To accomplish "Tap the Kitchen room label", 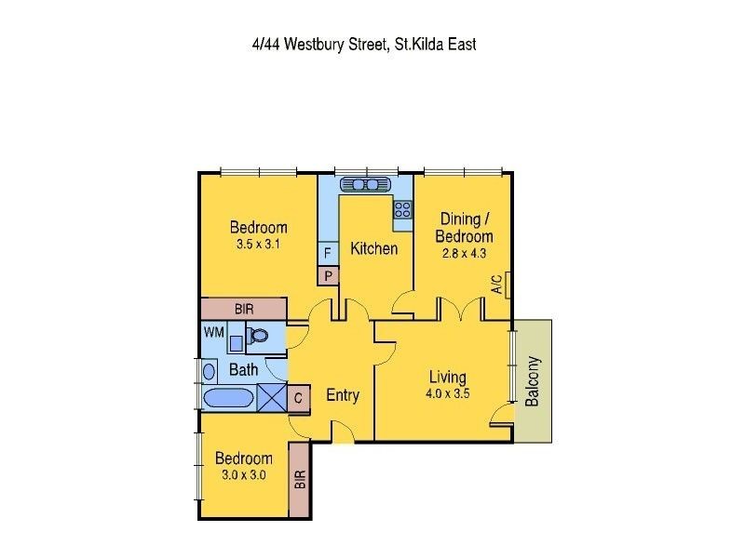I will [x=373, y=248].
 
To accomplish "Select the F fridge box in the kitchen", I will [x=328, y=253].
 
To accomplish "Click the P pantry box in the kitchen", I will [x=328, y=275].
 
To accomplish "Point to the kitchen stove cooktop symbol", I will [x=402, y=209].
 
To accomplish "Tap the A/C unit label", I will [x=498, y=284].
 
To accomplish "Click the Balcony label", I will [x=533, y=381].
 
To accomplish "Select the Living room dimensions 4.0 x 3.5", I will [x=448, y=393].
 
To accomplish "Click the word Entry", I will [x=343, y=395].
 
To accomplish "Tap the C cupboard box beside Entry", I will [x=299, y=397].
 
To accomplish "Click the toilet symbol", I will [x=257, y=337].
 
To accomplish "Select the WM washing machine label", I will [x=214, y=331].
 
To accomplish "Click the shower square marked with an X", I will [x=273, y=397].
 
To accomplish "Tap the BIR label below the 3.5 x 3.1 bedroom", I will [x=243, y=309].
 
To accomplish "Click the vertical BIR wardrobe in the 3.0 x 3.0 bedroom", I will [x=300, y=480].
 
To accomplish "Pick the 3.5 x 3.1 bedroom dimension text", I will [x=258, y=245].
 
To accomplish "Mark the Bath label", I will [x=244, y=370].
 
